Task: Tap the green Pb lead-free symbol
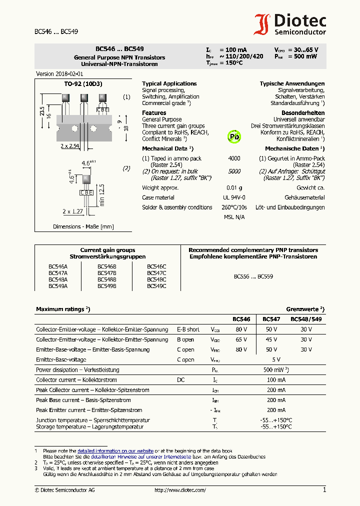coord(234,136)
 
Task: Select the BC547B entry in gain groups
coord(106,273)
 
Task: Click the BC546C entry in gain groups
coord(156,267)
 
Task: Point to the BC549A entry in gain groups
coord(58,286)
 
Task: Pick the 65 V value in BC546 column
coord(241,339)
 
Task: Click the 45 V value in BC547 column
coord(271,339)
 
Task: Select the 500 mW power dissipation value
coord(274,370)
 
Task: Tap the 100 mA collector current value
coord(276,380)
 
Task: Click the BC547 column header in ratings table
coord(271,319)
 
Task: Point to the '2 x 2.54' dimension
coord(70,146)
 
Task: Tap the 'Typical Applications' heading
coord(169,83)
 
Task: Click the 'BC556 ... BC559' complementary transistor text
coord(253,276)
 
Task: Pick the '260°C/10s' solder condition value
coord(234,207)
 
